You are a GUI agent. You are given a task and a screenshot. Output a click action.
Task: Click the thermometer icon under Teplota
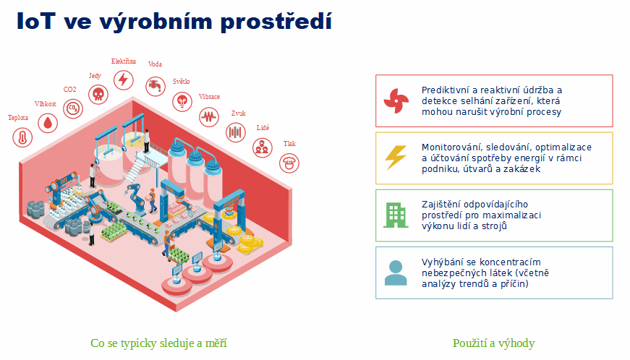point(22,137)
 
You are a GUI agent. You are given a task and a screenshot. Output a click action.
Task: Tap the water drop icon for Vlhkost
point(48,123)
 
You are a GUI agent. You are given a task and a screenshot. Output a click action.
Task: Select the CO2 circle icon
point(73,108)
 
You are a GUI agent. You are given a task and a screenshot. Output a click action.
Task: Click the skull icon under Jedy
point(98,94)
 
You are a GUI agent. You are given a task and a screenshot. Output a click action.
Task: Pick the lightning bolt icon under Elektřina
point(124,80)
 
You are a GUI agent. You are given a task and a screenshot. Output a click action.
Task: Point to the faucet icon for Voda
point(156,85)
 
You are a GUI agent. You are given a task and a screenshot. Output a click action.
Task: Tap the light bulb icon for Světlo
point(182,101)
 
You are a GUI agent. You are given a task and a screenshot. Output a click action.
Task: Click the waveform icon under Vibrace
point(209,117)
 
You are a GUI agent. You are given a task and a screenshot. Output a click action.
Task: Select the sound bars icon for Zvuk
point(236,132)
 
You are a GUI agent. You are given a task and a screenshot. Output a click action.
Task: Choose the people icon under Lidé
point(263,147)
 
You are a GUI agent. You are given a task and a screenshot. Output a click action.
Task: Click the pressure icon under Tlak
point(289,163)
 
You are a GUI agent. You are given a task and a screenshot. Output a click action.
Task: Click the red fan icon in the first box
point(396,100)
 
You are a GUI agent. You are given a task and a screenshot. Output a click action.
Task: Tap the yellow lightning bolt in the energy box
point(396,158)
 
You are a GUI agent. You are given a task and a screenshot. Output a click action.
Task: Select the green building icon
point(396,215)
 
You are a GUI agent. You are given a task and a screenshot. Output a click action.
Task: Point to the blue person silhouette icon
point(396,273)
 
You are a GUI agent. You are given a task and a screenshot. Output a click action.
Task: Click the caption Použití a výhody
point(493,343)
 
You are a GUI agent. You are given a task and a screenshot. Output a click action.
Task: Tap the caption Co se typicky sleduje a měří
point(158,343)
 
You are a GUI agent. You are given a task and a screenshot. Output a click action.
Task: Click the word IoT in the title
point(35,21)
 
